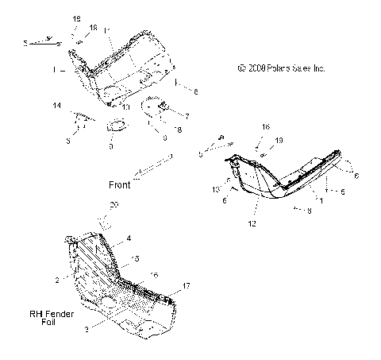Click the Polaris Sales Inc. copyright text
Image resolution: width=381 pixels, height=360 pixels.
(281, 68)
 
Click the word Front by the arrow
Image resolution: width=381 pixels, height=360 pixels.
(120, 184)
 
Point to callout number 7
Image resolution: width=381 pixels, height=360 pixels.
(187, 115)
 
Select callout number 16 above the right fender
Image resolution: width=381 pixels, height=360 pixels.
(267, 126)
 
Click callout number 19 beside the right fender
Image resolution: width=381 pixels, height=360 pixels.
(279, 140)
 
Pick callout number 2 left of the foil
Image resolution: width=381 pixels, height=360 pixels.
(57, 281)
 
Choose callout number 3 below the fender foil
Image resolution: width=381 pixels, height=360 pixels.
(86, 327)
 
